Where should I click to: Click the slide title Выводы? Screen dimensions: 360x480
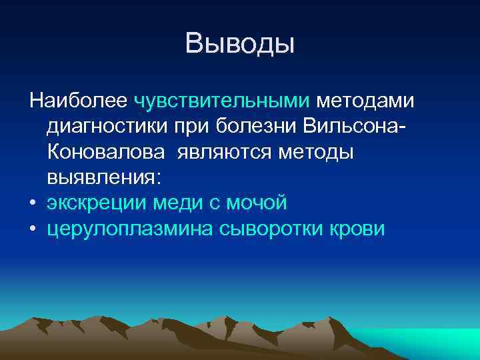point(240,45)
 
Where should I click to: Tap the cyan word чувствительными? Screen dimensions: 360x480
point(222,101)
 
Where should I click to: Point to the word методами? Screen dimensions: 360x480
point(365,101)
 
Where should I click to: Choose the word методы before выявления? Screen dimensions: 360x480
point(314,152)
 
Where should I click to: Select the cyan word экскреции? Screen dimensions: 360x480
point(97,203)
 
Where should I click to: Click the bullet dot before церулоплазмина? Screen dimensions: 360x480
point(33,229)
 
